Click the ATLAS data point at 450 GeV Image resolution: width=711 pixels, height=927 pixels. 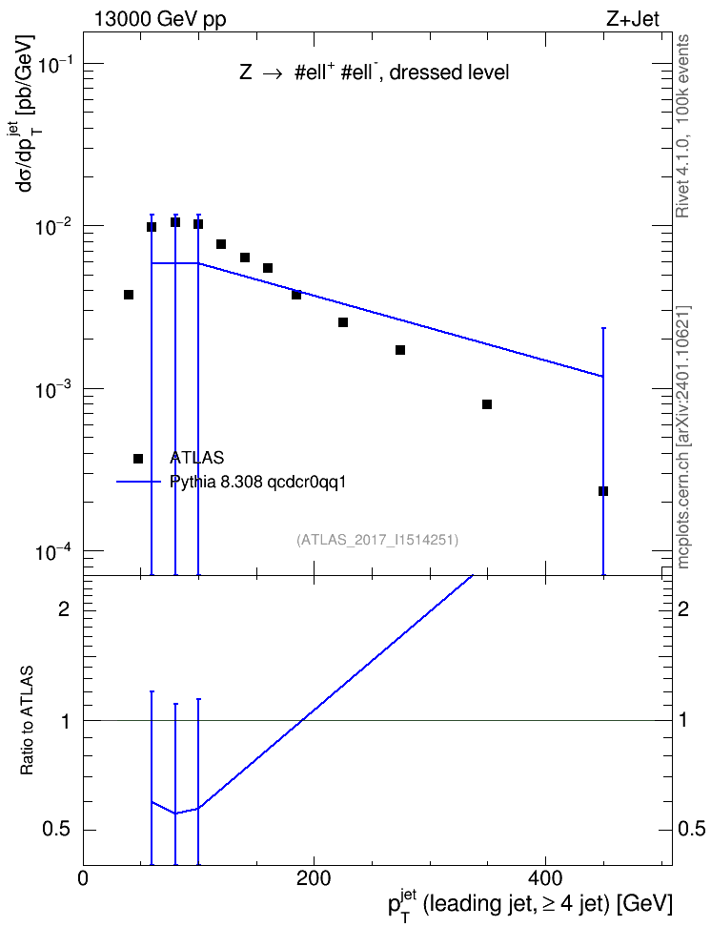[x=603, y=491]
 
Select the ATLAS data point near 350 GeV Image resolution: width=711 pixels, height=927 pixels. [x=487, y=404]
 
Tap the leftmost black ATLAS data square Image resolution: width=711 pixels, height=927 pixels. [x=129, y=295]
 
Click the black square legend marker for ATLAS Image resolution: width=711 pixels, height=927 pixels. [x=138, y=459]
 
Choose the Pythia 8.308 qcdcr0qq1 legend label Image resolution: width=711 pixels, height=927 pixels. [x=257, y=483]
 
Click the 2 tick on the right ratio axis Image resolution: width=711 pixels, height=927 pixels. [x=682, y=608]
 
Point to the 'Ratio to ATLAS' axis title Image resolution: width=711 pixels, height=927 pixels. [x=27, y=720]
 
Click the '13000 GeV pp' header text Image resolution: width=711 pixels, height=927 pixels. [x=160, y=19]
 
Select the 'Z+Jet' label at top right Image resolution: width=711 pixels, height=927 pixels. [x=633, y=19]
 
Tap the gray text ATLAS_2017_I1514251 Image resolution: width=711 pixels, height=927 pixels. [x=377, y=540]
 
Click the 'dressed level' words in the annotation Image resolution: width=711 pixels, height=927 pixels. [x=449, y=72]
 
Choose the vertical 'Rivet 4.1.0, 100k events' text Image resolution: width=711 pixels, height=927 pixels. [x=682, y=126]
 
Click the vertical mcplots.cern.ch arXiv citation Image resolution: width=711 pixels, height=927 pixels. [x=683, y=438]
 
